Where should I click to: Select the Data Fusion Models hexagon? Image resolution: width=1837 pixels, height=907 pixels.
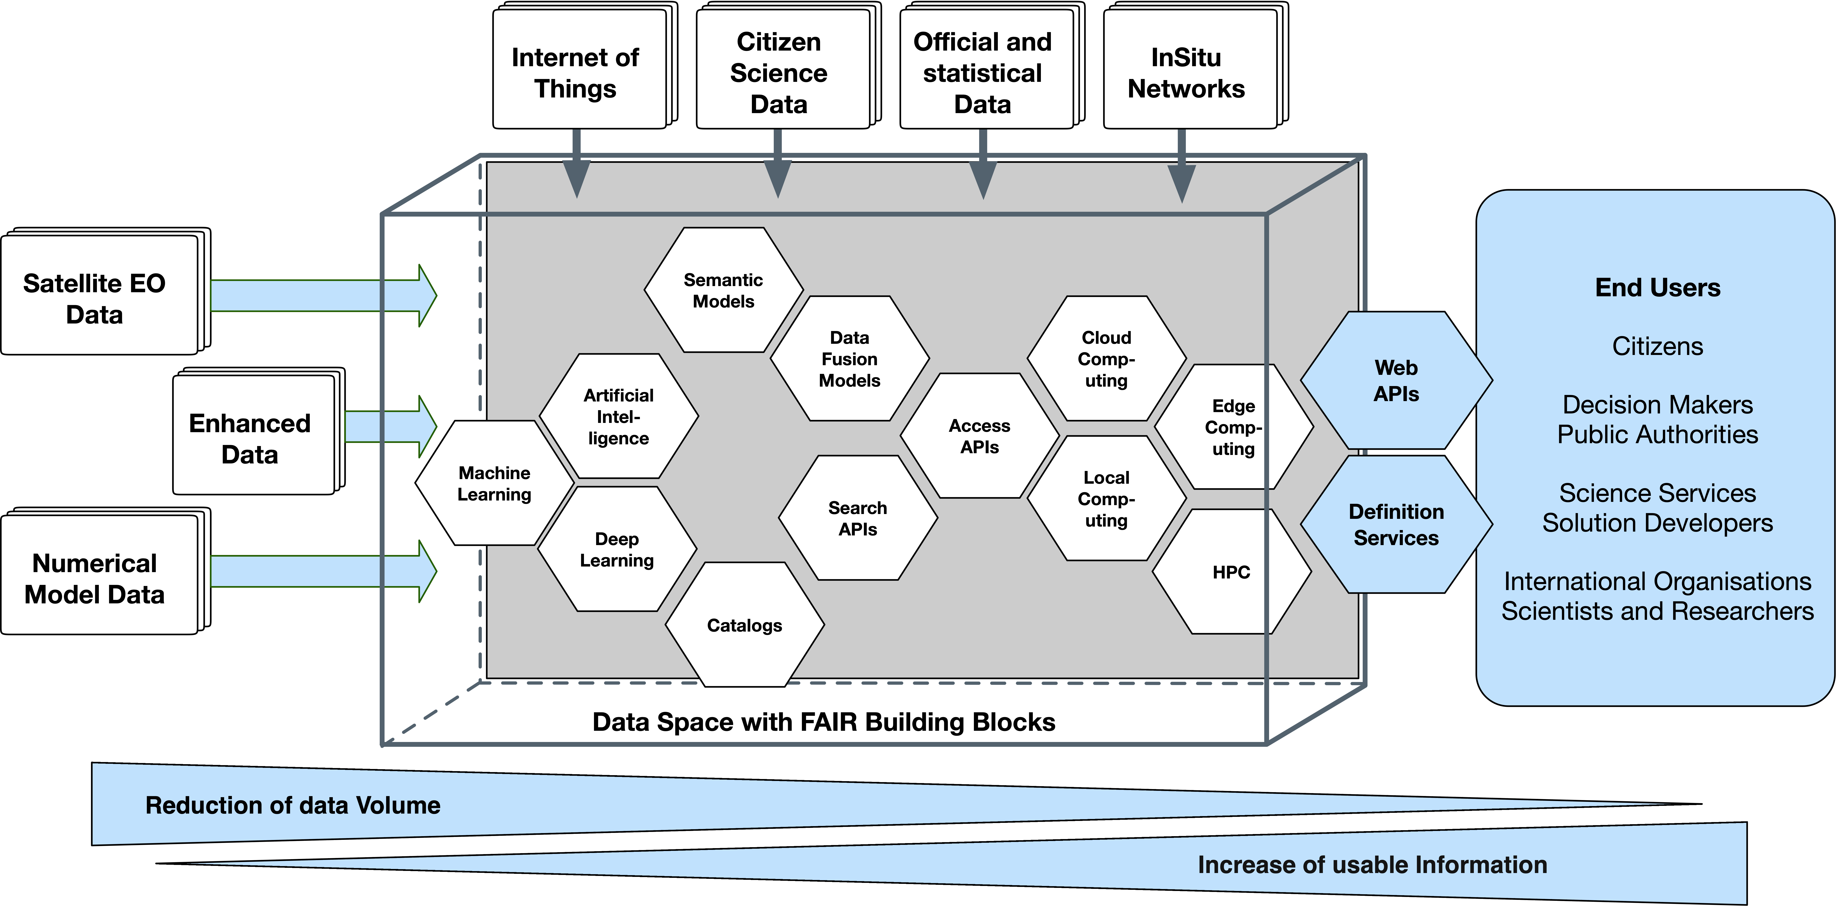tap(849, 359)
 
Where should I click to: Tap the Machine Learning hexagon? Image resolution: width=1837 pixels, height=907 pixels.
tap(494, 484)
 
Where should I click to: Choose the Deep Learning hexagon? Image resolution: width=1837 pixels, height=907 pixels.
tap(617, 549)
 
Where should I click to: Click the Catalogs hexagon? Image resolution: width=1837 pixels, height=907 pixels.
tap(745, 625)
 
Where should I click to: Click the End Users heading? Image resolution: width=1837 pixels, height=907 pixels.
tap(1657, 287)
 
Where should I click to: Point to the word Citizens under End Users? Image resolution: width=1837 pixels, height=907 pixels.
tap(1657, 346)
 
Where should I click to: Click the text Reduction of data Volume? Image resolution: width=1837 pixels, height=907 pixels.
tap(293, 805)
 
